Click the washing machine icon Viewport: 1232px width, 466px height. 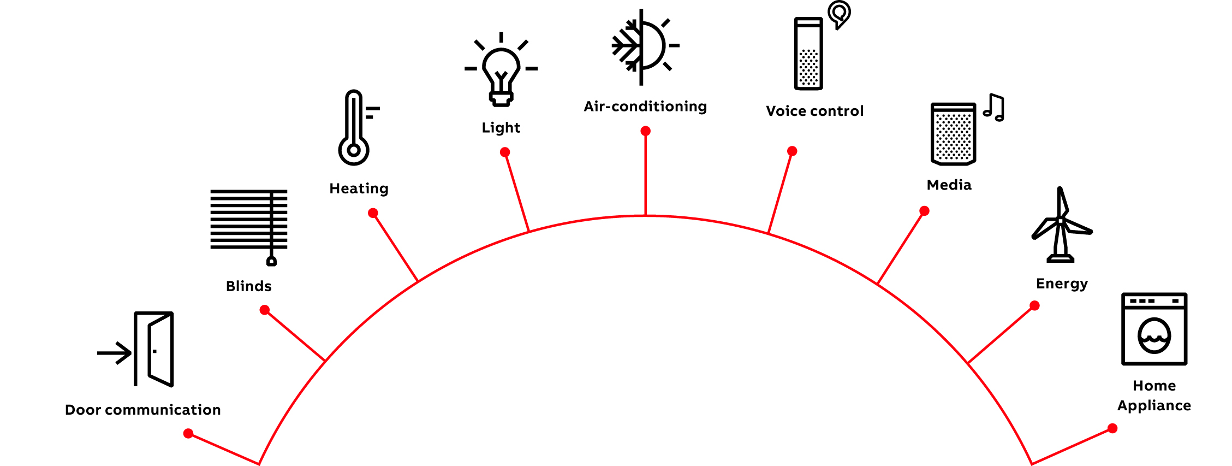tap(1154, 329)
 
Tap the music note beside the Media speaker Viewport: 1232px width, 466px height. tap(994, 108)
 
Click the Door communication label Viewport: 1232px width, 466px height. tap(143, 410)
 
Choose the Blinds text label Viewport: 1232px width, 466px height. tap(249, 286)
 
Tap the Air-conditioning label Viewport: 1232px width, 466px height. tap(645, 107)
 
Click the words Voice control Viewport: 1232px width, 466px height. tap(815, 111)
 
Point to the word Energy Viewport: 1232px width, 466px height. tap(1062, 284)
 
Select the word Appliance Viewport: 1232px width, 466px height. tap(1154, 406)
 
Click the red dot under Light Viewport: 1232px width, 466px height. tap(505, 152)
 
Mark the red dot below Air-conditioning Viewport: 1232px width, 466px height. tap(645, 131)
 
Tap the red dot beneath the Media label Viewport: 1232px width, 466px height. tap(924, 211)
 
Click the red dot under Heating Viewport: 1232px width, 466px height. tap(373, 213)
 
